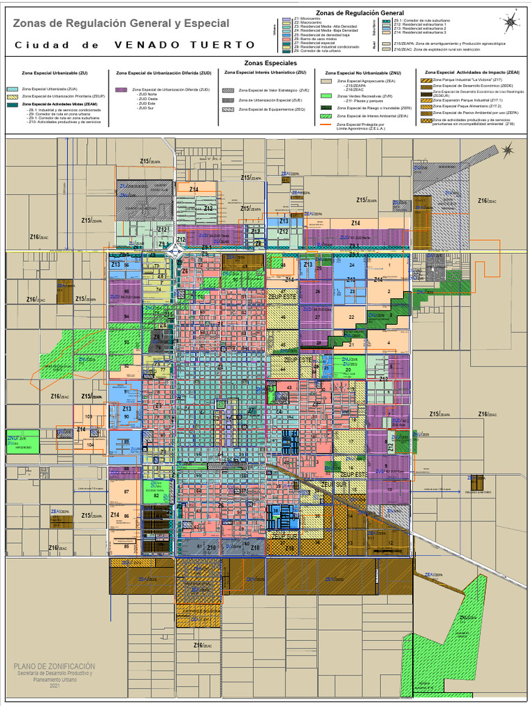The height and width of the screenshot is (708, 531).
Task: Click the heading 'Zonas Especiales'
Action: tap(265, 63)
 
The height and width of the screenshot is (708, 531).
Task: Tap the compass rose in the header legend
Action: tap(511, 23)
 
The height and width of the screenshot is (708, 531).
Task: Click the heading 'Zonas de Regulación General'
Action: tap(360, 12)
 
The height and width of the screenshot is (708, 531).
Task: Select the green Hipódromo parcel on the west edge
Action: tap(22, 441)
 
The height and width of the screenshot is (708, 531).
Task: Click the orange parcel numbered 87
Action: tap(127, 492)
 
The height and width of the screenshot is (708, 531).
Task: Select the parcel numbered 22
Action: tap(352, 317)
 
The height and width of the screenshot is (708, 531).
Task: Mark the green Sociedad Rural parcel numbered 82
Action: tap(157, 494)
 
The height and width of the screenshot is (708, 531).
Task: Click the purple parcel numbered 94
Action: tap(127, 316)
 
